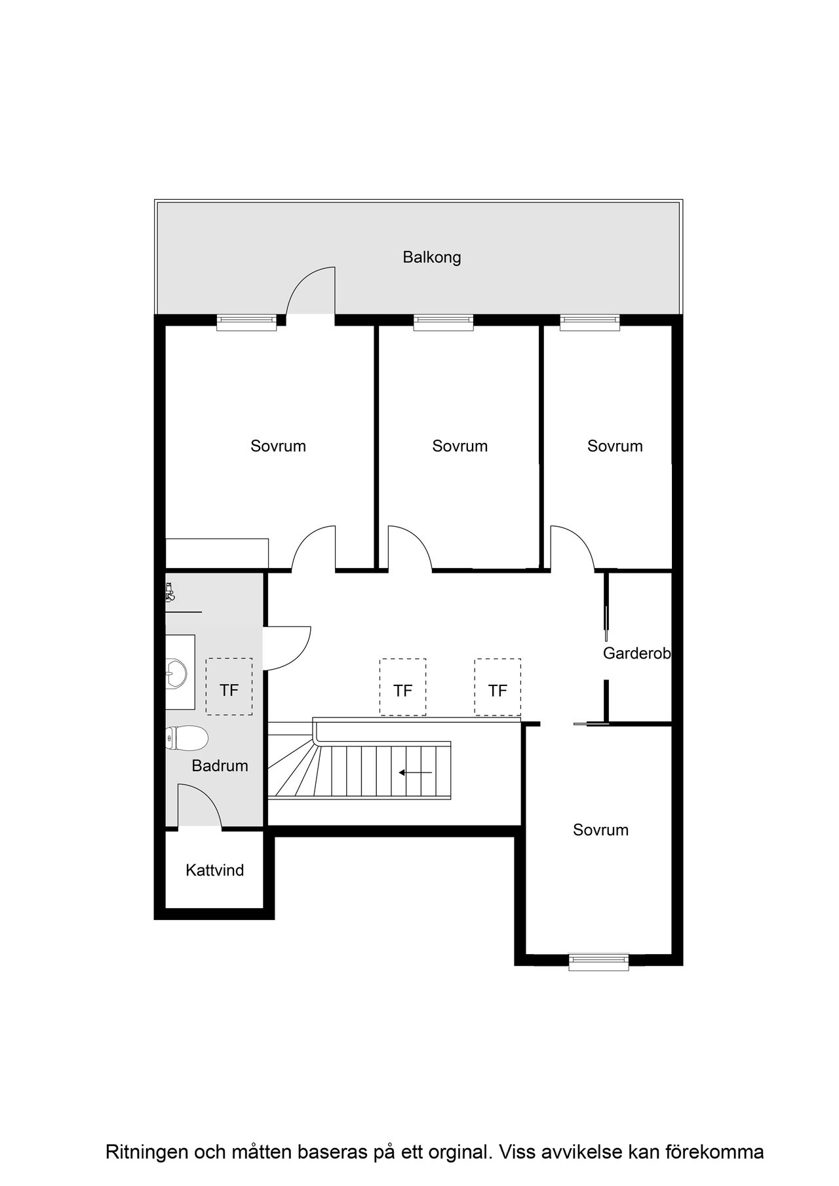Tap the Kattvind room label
pyautogui.click(x=215, y=870)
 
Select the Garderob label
pyautogui.click(x=637, y=653)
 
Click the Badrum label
pyautogui.click(x=220, y=765)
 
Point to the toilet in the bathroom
pyautogui.click(x=187, y=738)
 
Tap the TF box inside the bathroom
pyautogui.click(x=229, y=687)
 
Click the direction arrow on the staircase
pyautogui.click(x=415, y=773)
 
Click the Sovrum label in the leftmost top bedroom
pyautogui.click(x=279, y=446)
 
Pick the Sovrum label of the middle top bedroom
pyautogui.click(x=460, y=446)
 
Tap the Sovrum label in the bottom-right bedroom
pyautogui.click(x=601, y=830)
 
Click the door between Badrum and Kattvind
pyautogui.click(x=201, y=807)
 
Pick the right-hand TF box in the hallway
pyautogui.click(x=498, y=687)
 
